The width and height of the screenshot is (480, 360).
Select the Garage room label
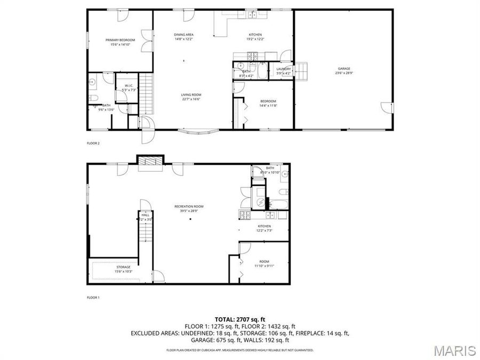(x=344, y=68)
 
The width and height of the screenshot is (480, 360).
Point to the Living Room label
(x=191, y=94)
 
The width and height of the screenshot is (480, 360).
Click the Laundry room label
(x=283, y=68)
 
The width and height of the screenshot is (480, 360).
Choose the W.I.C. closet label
(x=129, y=85)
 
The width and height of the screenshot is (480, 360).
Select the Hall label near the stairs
(x=145, y=215)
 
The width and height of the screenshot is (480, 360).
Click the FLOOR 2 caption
(x=93, y=143)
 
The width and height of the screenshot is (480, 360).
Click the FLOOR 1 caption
(x=93, y=297)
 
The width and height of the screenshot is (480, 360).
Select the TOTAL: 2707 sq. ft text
(x=239, y=319)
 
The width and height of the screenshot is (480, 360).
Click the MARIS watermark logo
(x=454, y=350)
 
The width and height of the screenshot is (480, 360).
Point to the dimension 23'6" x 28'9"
(x=344, y=73)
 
